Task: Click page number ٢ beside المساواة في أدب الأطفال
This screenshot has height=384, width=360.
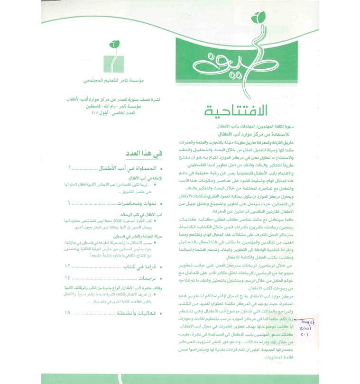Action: coord(70,168)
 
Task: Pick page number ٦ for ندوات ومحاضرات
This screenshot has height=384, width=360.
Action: coord(70,203)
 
